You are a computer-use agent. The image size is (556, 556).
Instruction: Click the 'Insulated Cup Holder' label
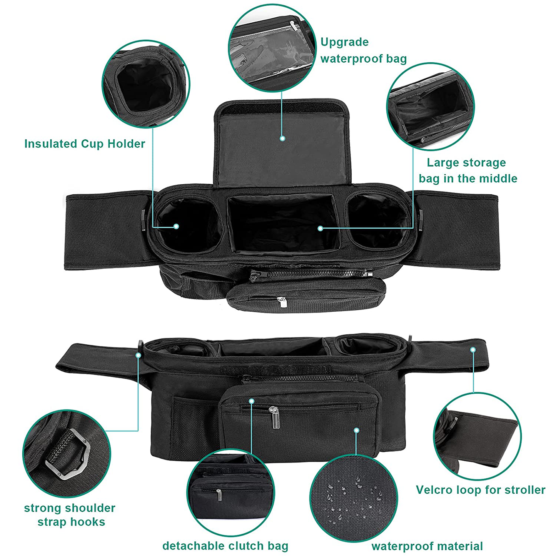click(85, 144)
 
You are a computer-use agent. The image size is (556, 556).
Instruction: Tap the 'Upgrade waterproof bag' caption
click(364, 50)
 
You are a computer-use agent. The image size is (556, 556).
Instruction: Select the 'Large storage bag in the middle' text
click(468, 170)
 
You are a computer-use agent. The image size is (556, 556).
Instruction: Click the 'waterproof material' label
click(427, 538)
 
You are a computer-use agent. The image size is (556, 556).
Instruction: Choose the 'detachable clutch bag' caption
click(225, 538)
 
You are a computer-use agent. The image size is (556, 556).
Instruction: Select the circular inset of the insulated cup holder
click(146, 84)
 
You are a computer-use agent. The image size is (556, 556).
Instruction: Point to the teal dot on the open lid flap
click(282, 139)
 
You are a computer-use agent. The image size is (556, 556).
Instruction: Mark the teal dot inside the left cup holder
click(176, 227)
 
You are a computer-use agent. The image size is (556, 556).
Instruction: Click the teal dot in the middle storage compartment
click(320, 228)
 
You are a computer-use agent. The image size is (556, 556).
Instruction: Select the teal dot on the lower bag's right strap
click(473, 350)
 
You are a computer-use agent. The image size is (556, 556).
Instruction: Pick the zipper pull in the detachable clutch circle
click(220, 494)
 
